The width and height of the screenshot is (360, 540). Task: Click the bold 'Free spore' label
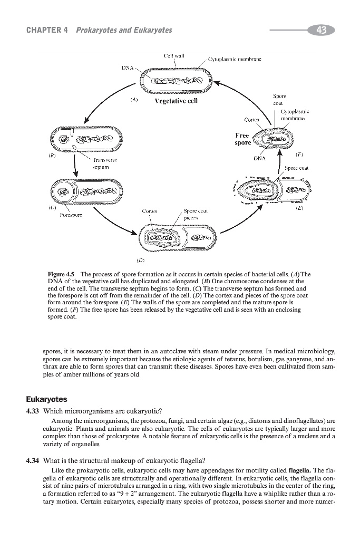tap(242, 139)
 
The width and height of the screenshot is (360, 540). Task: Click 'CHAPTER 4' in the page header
tap(46, 31)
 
